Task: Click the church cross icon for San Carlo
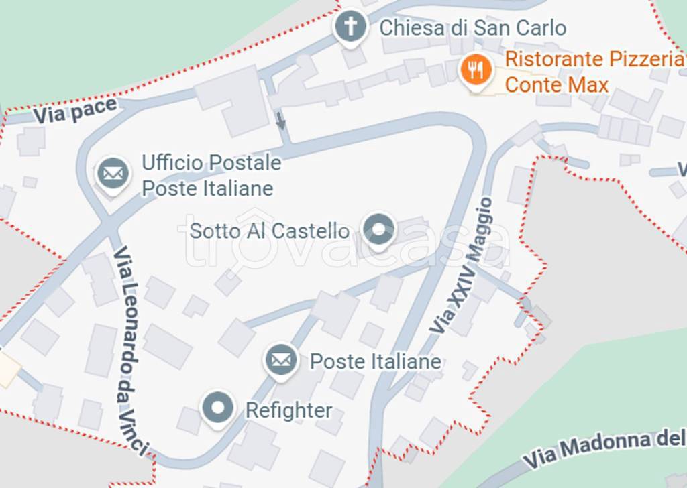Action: [x=350, y=27]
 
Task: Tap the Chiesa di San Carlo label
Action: [x=472, y=28]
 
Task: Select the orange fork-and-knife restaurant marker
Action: [x=476, y=69]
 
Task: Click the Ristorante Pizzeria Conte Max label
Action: [x=593, y=72]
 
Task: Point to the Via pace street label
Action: [x=74, y=111]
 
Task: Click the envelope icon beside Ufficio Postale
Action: [x=113, y=174]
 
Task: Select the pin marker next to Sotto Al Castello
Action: [x=378, y=229]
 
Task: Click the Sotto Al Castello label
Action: [x=269, y=231]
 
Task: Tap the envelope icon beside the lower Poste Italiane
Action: [x=281, y=361]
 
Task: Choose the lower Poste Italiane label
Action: [x=375, y=362]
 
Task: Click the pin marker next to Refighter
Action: [x=217, y=408]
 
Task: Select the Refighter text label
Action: [x=288, y=410]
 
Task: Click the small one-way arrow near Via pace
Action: [x=280, y=121]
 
